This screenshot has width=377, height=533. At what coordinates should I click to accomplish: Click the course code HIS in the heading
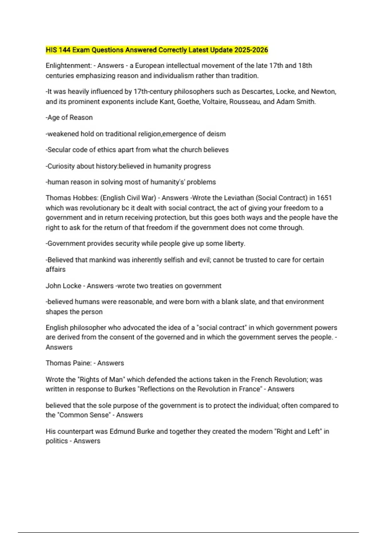[x=51, y=50]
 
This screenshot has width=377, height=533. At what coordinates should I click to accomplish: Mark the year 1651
[x=324, y=198]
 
